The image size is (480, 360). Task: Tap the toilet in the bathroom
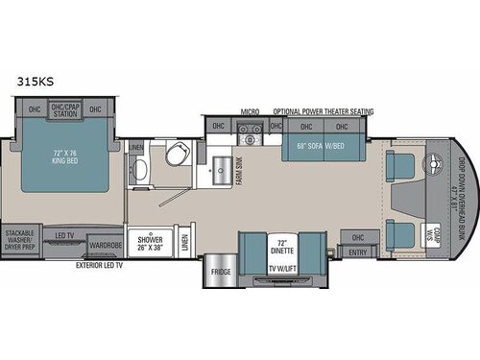click(176, 157)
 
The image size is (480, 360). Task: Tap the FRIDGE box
click(217, 272)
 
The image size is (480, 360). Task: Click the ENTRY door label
click(359, 252)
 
